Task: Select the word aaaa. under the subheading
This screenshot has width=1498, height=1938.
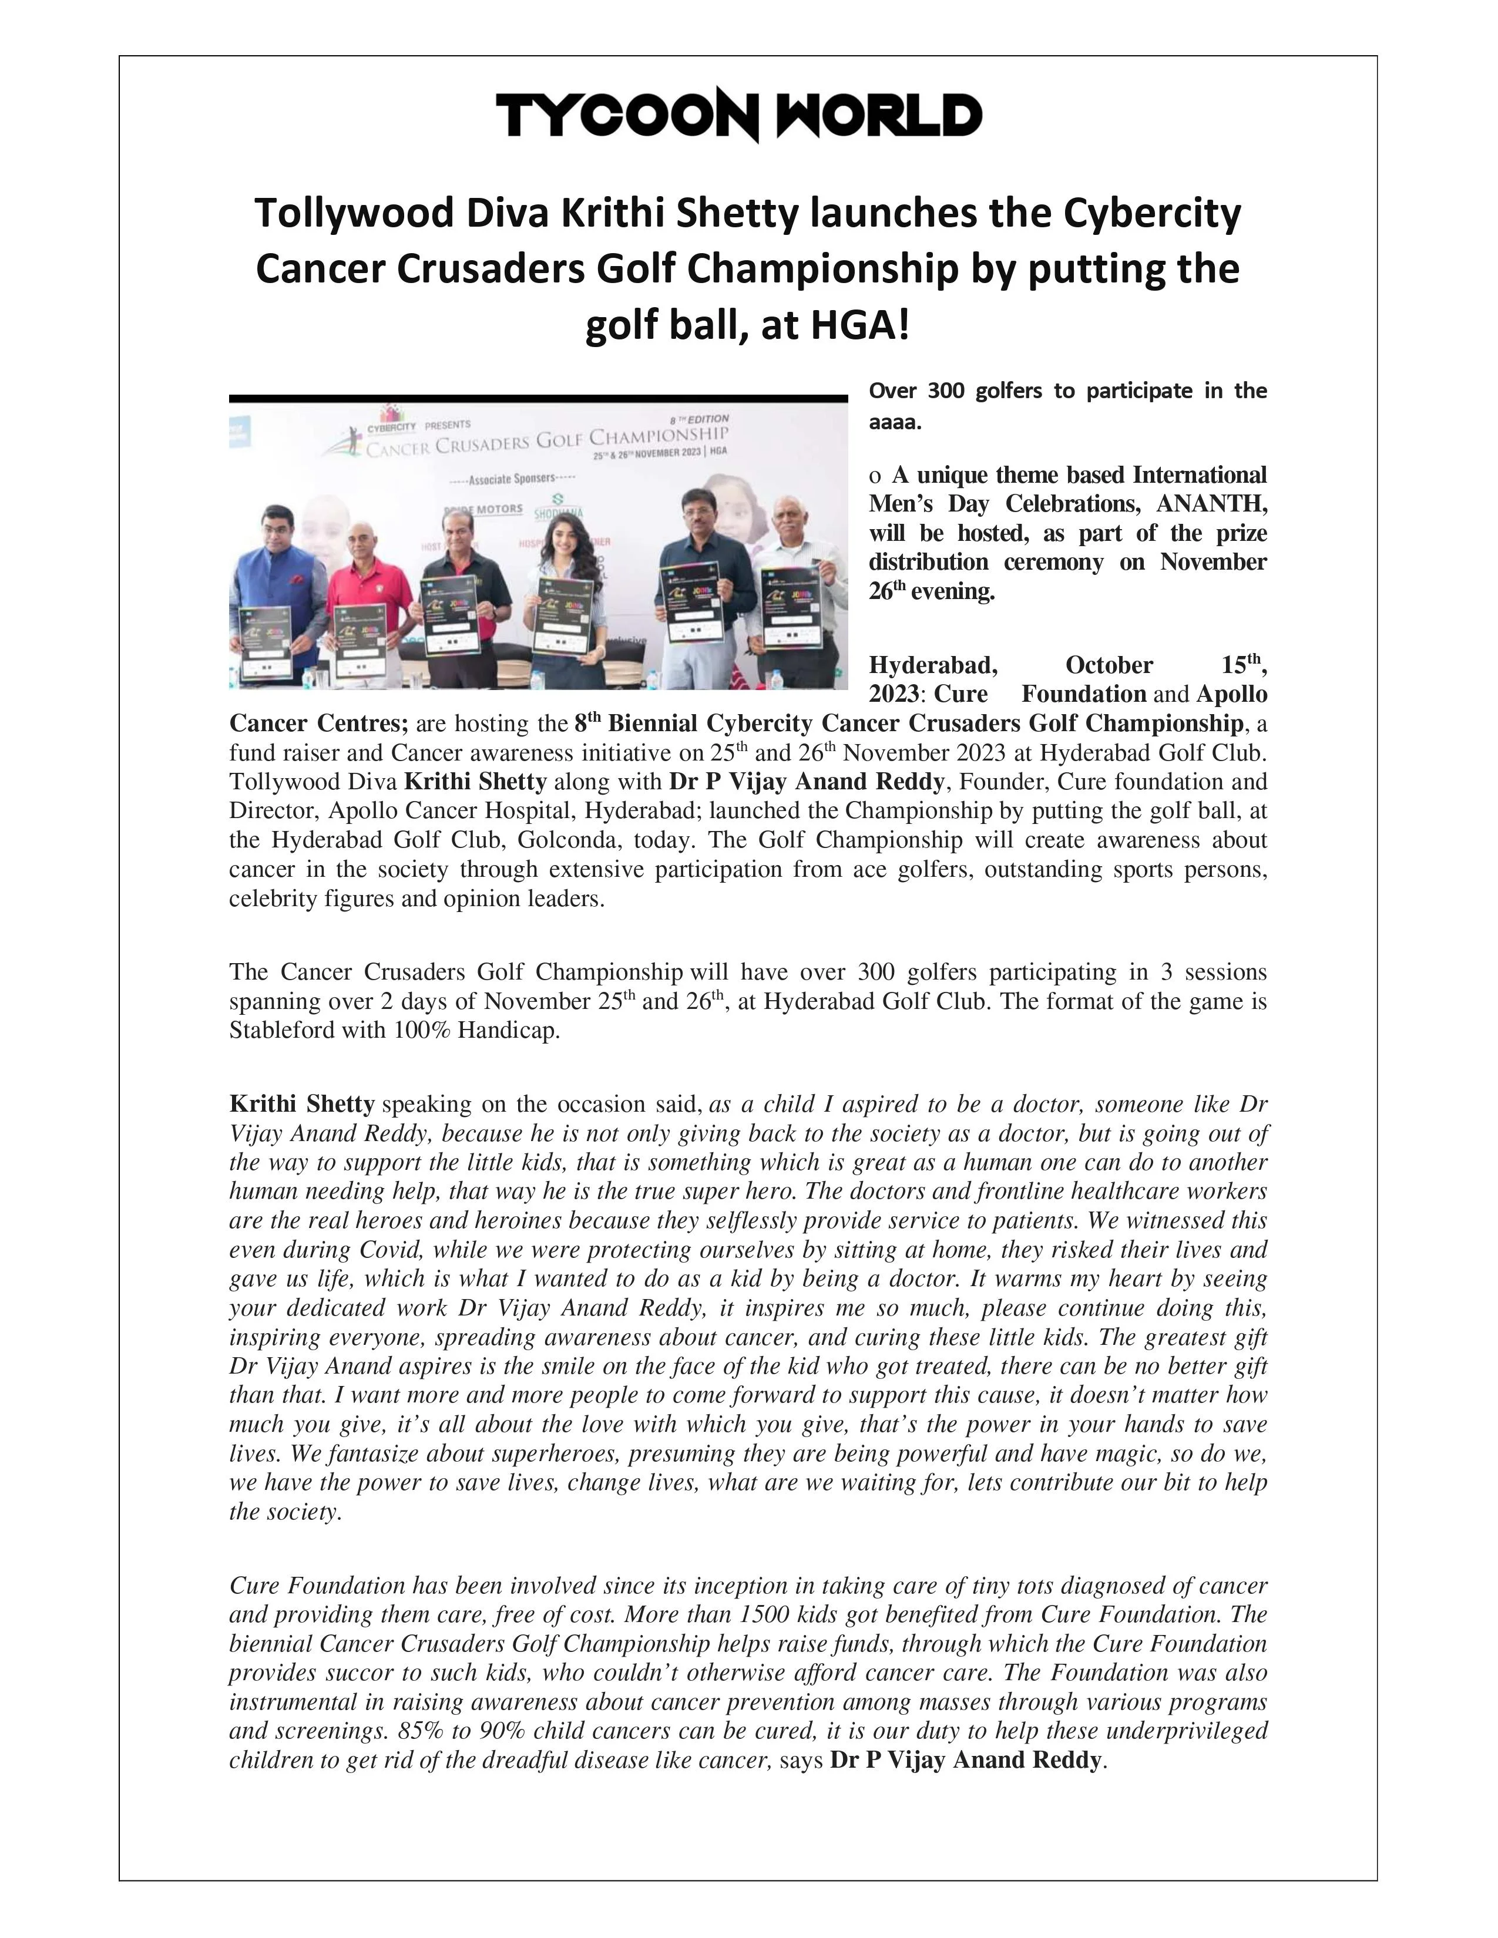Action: [895, 422]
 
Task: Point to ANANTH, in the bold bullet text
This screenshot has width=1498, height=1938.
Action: [1211, 504]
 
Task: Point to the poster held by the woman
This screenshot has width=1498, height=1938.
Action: [562, 617]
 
